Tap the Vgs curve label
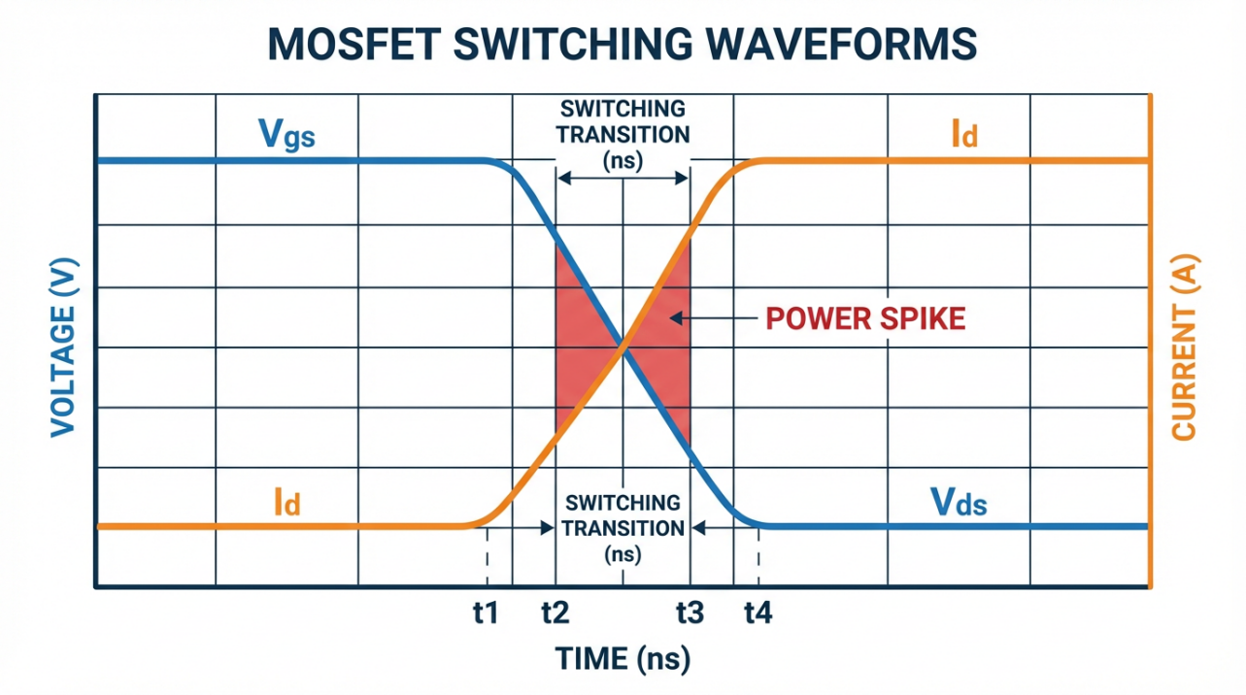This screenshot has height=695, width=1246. pos(286,135)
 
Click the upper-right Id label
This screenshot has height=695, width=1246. pos(963,135)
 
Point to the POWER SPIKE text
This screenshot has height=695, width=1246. pos(865,318)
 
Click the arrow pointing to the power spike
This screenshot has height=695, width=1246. pos(714,318)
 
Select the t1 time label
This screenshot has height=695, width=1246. pos(485,612)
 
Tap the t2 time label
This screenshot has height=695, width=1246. pos(555,612)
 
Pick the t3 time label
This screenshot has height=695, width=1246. pos(689,612)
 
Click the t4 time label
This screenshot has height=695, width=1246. pos(758,612)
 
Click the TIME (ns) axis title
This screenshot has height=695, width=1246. pos(623,659)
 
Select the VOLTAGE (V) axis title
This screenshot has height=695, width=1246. pos(63,345)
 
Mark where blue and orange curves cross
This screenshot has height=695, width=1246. pos(623,347)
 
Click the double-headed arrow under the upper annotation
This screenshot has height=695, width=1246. pos(623,179)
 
